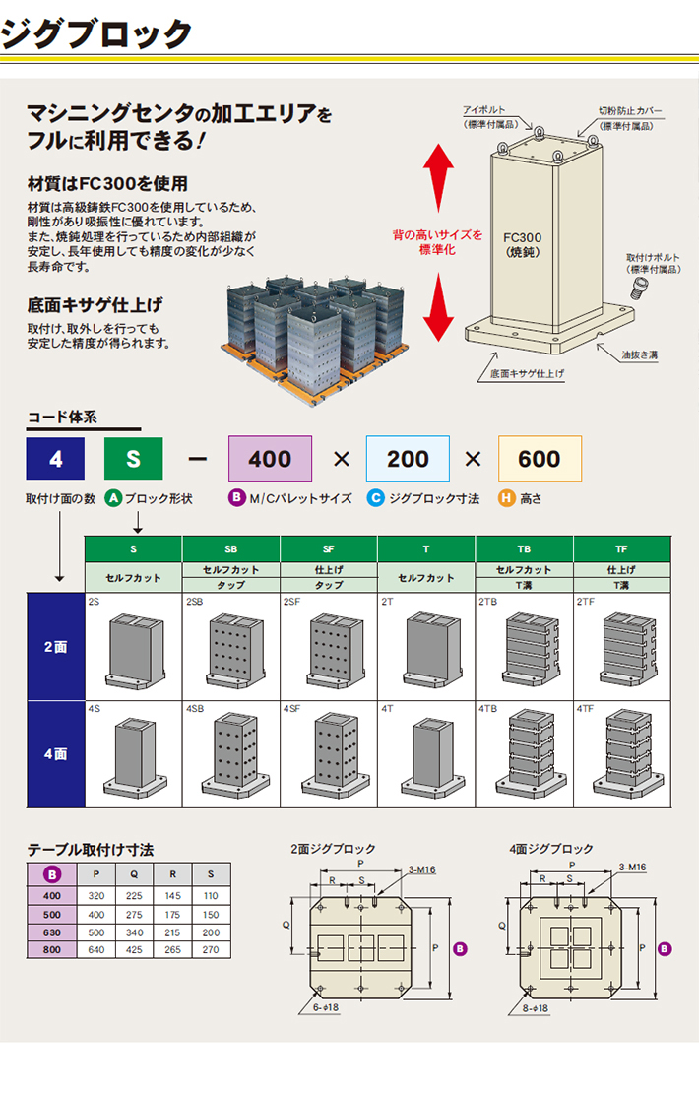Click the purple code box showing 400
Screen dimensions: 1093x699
270,459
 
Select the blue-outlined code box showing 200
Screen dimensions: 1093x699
408,459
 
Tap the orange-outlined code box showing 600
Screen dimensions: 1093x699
540,459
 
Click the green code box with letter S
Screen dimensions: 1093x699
135,460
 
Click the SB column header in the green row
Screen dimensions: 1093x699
231,548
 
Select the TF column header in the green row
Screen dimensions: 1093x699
622,548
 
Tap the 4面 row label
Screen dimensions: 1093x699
56,753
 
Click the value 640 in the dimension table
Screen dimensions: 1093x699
96,949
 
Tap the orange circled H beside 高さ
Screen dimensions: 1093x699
507,498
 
